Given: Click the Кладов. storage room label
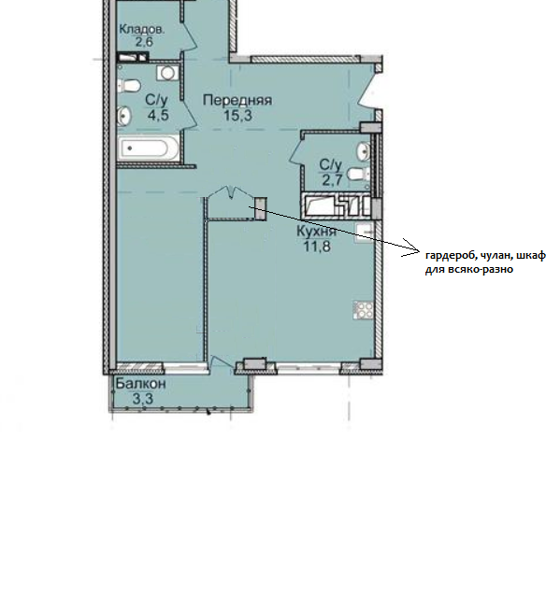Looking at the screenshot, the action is tap(142, 29).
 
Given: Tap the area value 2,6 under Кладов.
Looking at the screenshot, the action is tap(144, 41).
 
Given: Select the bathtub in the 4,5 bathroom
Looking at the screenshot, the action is tap(148, 148).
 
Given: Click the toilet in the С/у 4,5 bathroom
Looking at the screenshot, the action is tap(128, 86).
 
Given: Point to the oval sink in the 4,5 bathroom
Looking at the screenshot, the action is tap(124, 115).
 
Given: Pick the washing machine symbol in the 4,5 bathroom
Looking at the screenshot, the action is tap(167, 73).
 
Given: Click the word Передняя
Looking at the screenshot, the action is tap(237, 101).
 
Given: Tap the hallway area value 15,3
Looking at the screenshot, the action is tap(237, 115).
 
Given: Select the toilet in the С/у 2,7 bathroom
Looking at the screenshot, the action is tap(358, 174).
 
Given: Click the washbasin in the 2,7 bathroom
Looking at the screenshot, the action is tap(364, 150).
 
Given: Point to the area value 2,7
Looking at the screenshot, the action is tap(333, 180).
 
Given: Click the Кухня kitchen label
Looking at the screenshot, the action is tap(316, 231).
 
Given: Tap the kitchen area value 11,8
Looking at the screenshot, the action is tap(317, 246).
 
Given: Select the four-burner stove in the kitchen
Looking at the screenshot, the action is tap(364, 310).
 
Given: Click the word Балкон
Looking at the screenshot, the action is tap(141, 384).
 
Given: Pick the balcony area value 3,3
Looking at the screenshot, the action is tap(143, 399).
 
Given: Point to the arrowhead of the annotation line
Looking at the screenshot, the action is tap(419, 249).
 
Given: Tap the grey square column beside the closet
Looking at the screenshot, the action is tap(261, 208).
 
